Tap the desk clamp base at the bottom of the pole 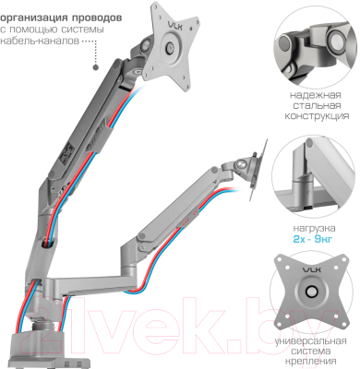click(x=37, y=346)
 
